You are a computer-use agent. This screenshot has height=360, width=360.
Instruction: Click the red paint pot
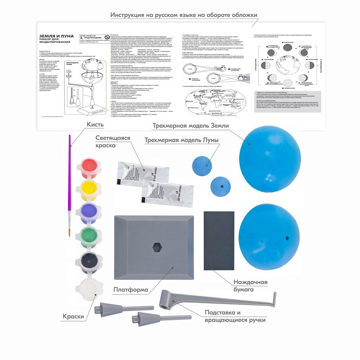pyautogui.click(x=91, y=167)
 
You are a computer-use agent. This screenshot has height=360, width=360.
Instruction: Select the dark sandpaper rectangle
pyautogui.click(x=219, y=240)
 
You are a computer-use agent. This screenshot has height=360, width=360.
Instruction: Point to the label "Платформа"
pyautogui.click(x=130, y=290)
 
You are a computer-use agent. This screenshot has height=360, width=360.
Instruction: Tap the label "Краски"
pyautogui.click(x=73, y=316)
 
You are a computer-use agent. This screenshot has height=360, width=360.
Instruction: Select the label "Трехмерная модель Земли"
pyautogui.click(x=191, y=126)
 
